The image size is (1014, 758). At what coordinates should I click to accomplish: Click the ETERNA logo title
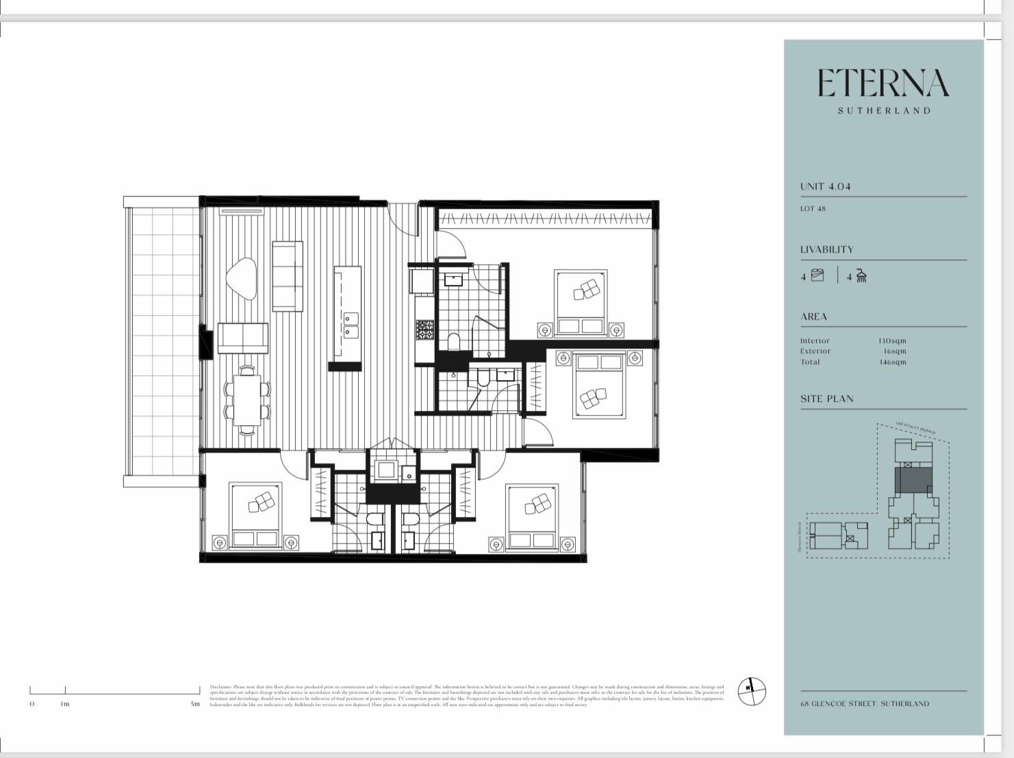tap(883, 84)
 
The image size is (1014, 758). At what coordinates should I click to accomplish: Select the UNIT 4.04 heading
tap(825, 186)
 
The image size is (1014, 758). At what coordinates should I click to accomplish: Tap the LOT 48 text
tap(813, 209)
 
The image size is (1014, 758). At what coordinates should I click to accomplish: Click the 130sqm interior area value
tap(892, 340)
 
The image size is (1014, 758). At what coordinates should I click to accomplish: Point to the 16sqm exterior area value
tap(894, 351)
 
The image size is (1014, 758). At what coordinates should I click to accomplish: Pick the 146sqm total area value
tap(892, 362)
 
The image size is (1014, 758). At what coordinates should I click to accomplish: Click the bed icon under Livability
tap(817, 275)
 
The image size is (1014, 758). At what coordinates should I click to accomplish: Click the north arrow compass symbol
tap(751, 691)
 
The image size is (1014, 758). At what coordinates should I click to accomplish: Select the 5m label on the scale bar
tap(195, 704)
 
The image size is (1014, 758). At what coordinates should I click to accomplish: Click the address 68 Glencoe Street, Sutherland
tap(865, 703)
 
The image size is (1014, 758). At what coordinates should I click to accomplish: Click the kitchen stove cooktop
tap(424, 330)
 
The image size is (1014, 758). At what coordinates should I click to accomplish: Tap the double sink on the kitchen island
tap(350, 325)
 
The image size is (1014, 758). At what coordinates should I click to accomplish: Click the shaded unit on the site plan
tap(912, 479)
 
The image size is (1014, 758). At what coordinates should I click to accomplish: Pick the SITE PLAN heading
tap(826, 399)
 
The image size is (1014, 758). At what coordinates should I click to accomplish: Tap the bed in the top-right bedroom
tap(581, 302)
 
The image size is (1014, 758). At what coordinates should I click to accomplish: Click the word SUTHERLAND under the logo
tap(884, 110)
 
